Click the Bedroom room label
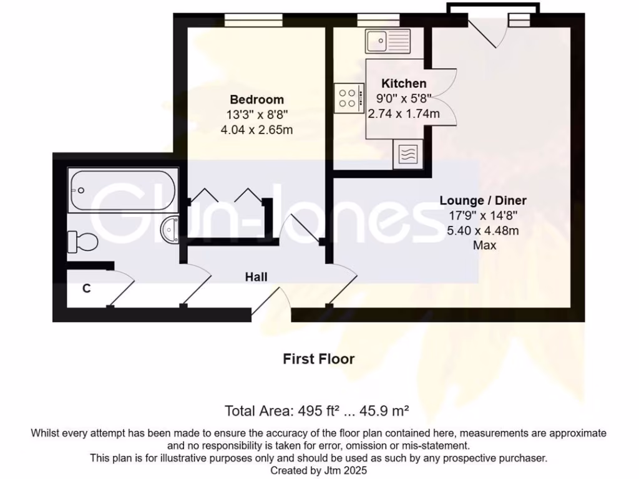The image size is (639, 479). coord(256,99)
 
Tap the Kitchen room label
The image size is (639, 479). coord(404,84)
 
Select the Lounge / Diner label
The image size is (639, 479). coord(483,200)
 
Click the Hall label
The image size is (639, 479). coord(256,276)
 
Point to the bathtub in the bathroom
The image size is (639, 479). coord(124,190)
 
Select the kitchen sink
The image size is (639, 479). coord(388,41)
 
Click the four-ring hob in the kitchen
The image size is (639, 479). coord(348,99)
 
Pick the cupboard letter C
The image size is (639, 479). coord(87,289)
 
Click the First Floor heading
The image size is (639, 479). coord(318,359)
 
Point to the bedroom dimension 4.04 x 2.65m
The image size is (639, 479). coord(256,130)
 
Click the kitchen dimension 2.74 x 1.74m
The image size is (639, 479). coord(404,114)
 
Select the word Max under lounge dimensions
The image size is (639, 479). coord(484,246)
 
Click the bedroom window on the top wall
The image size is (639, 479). coord(253,21)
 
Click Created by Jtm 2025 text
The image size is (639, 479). coord(318,471)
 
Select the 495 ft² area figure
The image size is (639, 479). coord(315,411)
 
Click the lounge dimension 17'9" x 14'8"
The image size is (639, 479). coord(483,216)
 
